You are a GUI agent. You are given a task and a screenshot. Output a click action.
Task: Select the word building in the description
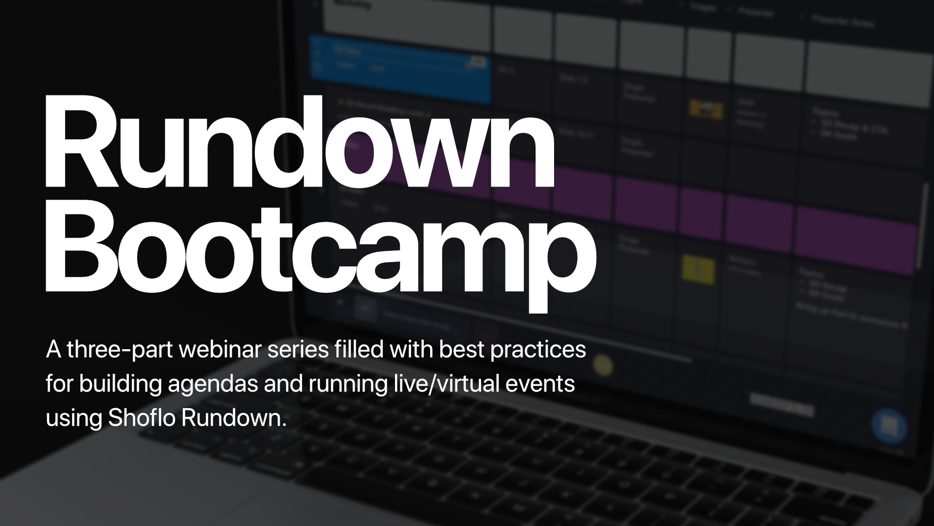[x=121, y=384]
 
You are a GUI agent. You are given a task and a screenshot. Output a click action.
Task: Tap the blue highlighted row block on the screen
[x=399, y=68]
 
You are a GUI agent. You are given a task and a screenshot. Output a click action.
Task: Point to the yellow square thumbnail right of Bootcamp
[x=699, y=269]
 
